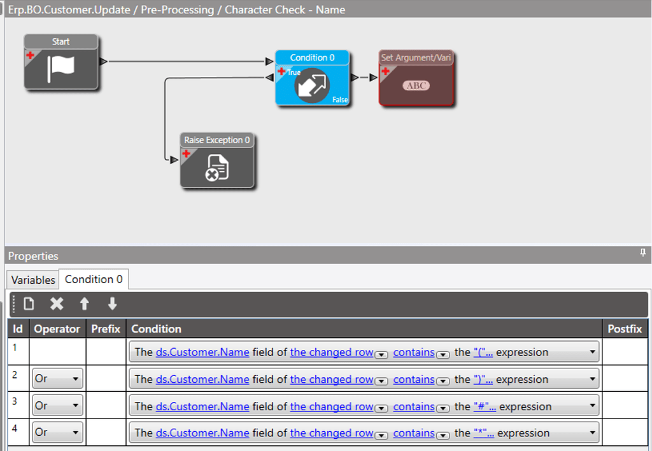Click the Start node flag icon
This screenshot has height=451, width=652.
pos(61,69)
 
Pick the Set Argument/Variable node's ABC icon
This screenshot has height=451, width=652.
pos(416,86)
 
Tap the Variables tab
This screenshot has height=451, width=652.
pos(33,280)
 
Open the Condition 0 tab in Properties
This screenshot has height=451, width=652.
pos(94,279)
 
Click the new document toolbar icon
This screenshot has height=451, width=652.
pos(29,304)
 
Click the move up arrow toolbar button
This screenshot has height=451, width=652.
pos(85,304)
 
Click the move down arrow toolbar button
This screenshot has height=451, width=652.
pos(112,304)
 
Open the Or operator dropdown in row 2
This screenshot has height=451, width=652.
pos(57,379)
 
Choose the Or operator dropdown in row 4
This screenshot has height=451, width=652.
pos(57,433)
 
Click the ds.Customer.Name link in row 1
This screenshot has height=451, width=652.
pos(202,352)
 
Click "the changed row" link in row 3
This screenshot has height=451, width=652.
pos(332,406)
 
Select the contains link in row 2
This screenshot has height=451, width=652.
pos(414,380)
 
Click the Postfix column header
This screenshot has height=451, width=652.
pos(625,329)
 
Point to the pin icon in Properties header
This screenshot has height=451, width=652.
pos(642,254)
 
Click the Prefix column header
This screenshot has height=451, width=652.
pos(106,329)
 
